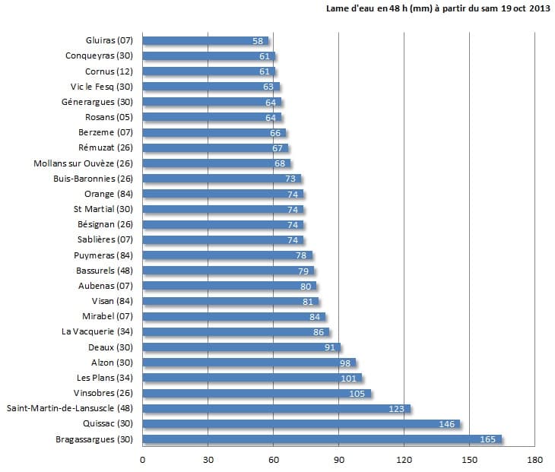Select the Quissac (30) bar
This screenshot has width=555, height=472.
click(301, 424)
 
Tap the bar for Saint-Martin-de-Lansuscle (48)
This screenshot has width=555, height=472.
click(276, 409)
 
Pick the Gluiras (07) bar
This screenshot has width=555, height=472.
click(205, 40)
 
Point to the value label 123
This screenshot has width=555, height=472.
click(397, 409)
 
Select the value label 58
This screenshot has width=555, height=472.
click(258, 40)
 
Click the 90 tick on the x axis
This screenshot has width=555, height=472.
click(339, 459)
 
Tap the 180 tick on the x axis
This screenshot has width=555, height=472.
click(535, 459)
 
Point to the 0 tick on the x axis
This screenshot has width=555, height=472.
click(143, 459)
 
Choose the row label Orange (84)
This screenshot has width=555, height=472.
click(109, 194)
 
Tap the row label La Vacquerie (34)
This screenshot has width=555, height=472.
click(97, 331)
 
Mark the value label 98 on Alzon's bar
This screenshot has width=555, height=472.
click(344, 363)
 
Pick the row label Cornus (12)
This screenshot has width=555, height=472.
click(109, 71)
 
